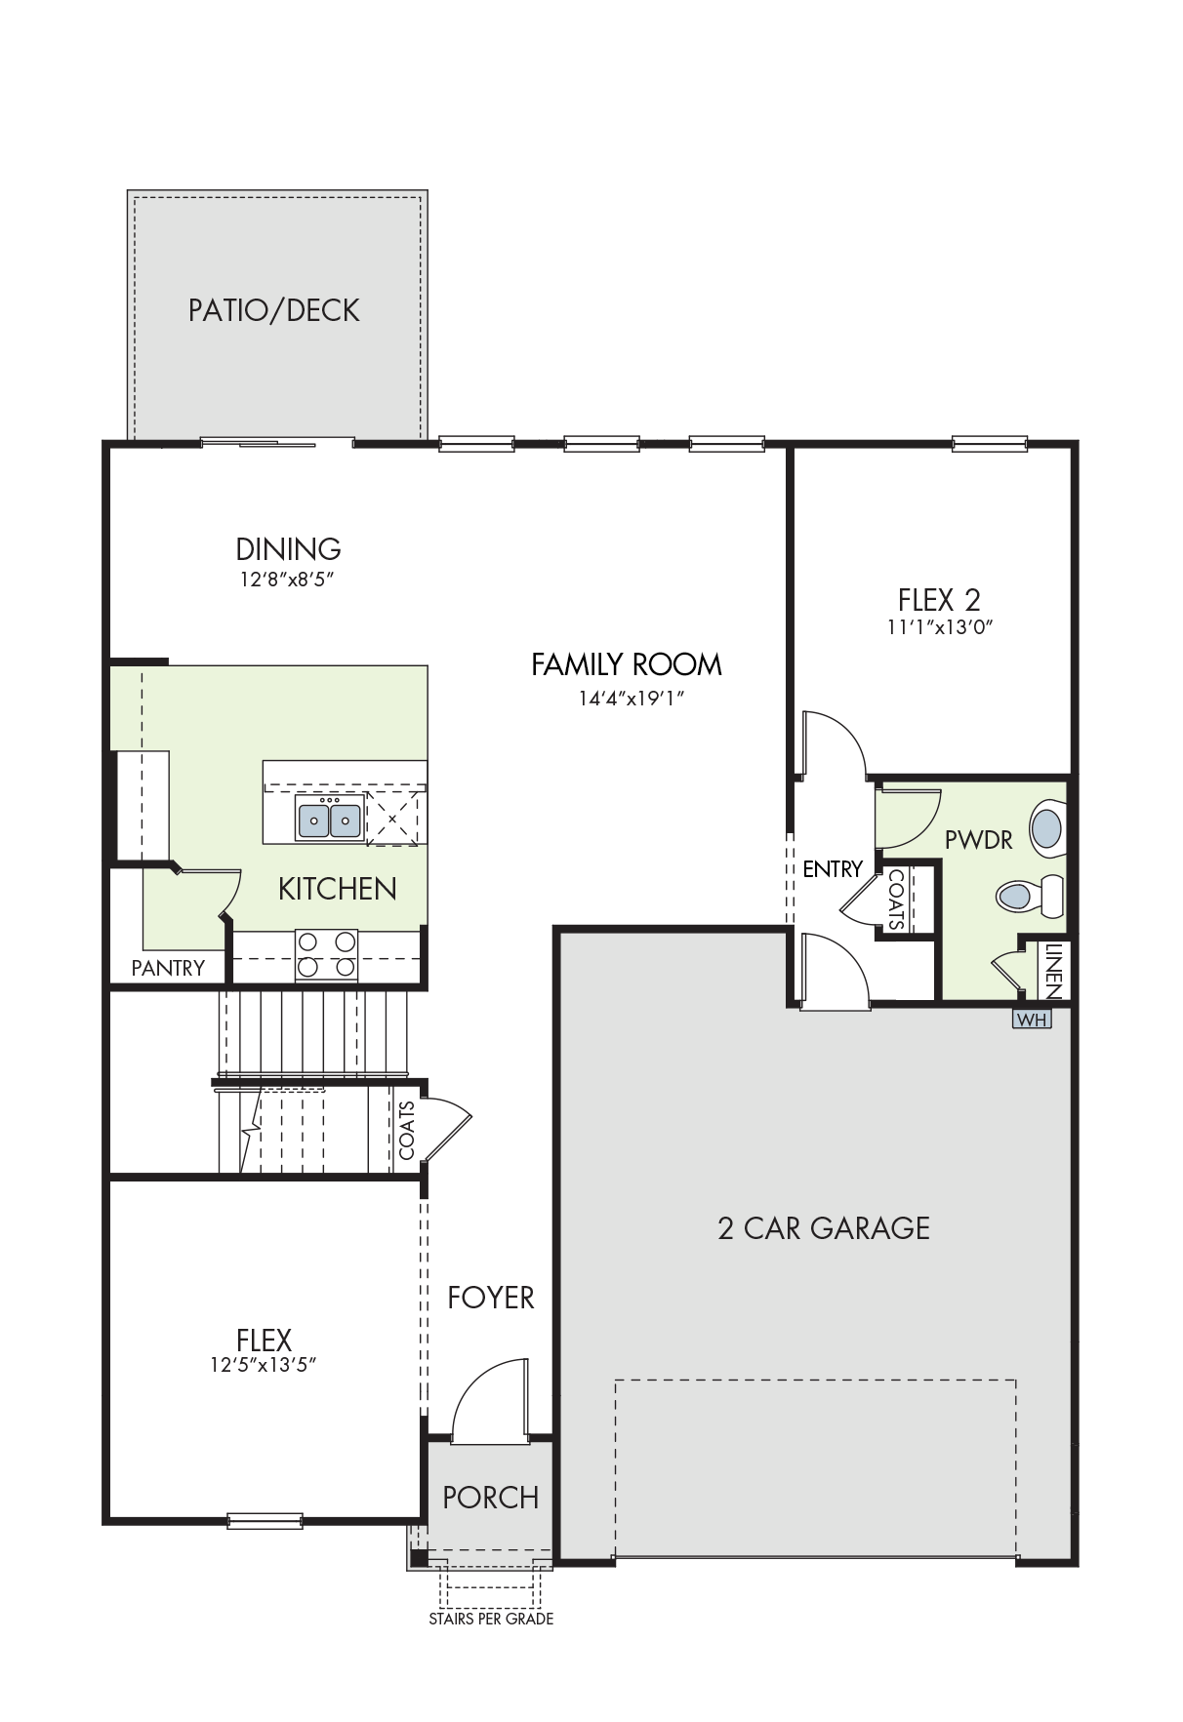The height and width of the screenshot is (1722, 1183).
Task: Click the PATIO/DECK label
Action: [274, 310]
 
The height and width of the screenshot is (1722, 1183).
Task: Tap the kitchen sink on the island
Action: [330, 818]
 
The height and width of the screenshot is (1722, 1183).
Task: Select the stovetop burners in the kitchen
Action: [326, 954]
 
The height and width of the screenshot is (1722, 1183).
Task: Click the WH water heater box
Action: [1032, 1020]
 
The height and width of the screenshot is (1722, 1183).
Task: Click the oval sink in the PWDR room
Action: [1047, 828]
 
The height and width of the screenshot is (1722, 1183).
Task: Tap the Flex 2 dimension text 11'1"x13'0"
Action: [939, 627]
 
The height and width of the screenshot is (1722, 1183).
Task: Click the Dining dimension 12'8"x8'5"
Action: [288, 580]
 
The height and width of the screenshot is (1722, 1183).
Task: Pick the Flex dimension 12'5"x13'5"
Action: [264, 1365]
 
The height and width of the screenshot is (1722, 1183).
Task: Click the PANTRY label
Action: [168, 968]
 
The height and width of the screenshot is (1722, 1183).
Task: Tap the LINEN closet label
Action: [1053, 970]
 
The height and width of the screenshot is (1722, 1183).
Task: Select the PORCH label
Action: [490, 1498]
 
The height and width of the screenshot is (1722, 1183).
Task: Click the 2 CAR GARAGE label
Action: [824, 1228]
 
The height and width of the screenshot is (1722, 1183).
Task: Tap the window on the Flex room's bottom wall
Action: [265, 1520]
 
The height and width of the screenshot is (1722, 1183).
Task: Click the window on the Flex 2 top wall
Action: [990, 444]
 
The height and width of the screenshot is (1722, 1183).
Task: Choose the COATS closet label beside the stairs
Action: [407, 1130]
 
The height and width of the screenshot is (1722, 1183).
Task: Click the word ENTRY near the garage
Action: [833, 868]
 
